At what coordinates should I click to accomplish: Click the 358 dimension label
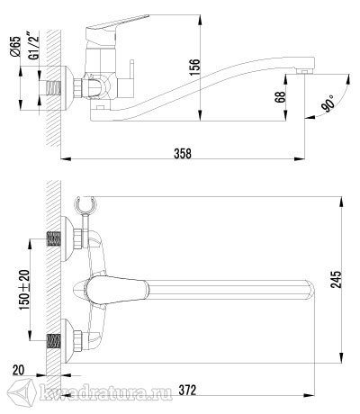(183, 153)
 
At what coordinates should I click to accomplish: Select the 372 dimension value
(187, 391)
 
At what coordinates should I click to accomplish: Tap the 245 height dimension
(336, 279)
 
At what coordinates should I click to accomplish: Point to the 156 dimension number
(194, 67)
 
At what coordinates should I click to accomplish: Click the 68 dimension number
(281, 96)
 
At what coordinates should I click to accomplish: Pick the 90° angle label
(328, 103)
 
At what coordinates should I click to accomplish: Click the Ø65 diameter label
(15, 47)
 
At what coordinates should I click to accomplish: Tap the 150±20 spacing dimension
(25, 290)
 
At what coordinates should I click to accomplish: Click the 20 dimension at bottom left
(18, 370)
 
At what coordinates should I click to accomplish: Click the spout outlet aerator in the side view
(303, 72)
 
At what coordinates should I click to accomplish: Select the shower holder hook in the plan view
(85, 203)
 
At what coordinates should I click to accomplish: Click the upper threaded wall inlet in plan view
(54, 239)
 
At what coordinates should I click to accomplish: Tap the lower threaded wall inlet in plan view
(54, 341)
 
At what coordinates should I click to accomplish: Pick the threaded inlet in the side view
(53, 88)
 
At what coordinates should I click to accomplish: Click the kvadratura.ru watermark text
(105, 392)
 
